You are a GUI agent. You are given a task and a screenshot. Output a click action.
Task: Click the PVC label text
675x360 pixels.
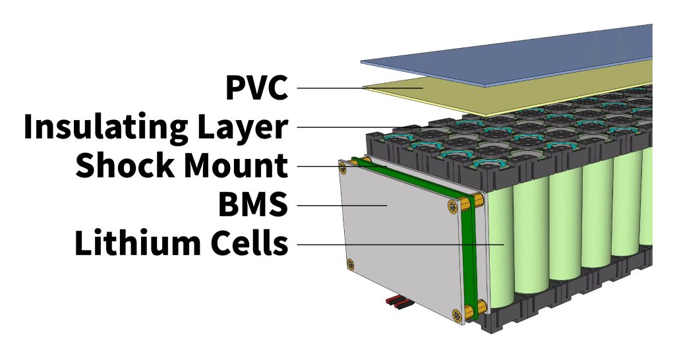[x=256, y=87]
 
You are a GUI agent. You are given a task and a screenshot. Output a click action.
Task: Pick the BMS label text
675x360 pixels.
[x=253, y=205]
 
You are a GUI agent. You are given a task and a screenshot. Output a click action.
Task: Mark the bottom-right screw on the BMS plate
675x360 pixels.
[x=454, y=314]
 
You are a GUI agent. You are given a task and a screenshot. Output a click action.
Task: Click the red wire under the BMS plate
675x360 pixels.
[x=394, y=301]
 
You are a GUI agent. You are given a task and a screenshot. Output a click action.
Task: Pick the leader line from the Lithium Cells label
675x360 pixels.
[x=396, y=245]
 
